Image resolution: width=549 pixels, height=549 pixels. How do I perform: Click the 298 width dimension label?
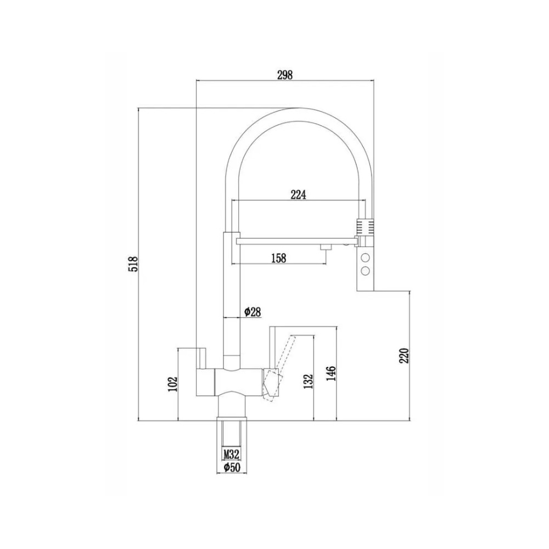click(x=284, y=75)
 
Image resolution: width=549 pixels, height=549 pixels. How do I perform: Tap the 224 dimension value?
click(x=298, y=195)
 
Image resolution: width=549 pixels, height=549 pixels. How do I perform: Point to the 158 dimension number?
click(x=279, y=258)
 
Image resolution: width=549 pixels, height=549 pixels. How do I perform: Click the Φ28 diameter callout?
click(x=253, y=311)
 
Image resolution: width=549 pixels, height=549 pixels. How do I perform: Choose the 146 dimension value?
click(x=331, y=373)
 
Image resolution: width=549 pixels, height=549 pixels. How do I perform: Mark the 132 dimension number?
click(x=308, y=382)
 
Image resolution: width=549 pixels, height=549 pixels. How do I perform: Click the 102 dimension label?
click(x=173, y=384)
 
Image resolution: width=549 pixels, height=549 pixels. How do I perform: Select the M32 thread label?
click(x=232, y=455)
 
